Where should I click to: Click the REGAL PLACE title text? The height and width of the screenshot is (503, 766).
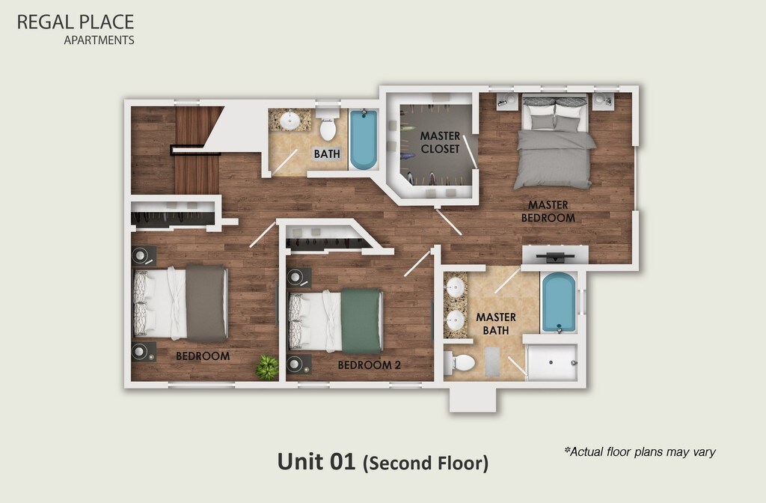(x=76, y=22)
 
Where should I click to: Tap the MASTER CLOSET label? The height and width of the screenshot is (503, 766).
(x=440, y=142)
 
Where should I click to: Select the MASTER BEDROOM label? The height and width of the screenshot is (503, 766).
(x=548, y=211)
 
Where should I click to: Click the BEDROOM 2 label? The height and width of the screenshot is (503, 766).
(x=370, y=365)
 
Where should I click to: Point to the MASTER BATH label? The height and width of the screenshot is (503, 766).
(x=496, y=323)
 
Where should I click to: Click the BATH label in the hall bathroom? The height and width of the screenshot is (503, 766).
(x=327, y=154)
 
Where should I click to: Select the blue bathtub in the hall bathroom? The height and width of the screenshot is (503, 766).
(x=364, y=140)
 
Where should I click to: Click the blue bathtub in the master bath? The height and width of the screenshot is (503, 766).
(x=559, y=302)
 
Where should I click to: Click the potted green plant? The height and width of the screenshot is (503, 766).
(x=267, y=368)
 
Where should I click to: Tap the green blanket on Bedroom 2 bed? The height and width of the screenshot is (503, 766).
(x=361, y=320)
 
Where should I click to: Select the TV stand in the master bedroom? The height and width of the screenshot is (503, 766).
(x=556, y=255)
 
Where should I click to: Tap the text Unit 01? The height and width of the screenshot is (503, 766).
(x=316, y=461)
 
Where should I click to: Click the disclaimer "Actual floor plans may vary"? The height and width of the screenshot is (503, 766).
(x=640, y=451)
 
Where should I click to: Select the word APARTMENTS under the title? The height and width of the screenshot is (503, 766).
(x=99, y=40)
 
